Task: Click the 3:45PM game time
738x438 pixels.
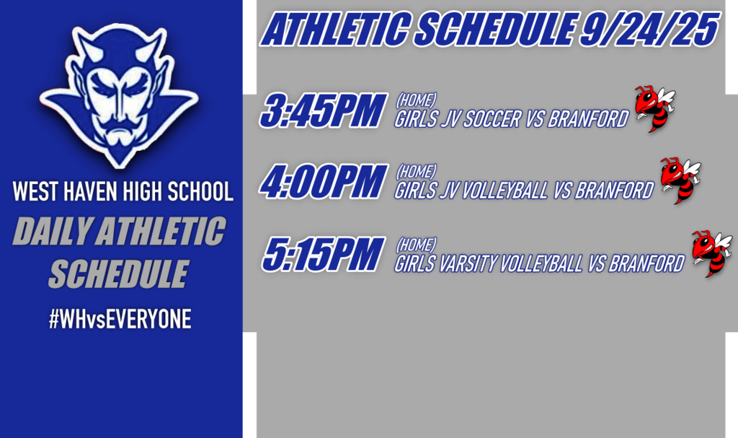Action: (323, 112)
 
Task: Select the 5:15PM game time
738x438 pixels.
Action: (322, 255)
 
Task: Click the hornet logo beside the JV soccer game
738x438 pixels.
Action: (654, 109)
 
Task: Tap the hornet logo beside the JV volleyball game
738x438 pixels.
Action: (680, 180)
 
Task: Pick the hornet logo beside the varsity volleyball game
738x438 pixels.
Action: (711, 253)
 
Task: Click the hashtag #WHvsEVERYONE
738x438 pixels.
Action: (120, 320)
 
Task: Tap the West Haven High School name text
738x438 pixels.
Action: (123, 192)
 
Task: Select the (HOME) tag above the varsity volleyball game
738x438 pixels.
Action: (417, 245)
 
